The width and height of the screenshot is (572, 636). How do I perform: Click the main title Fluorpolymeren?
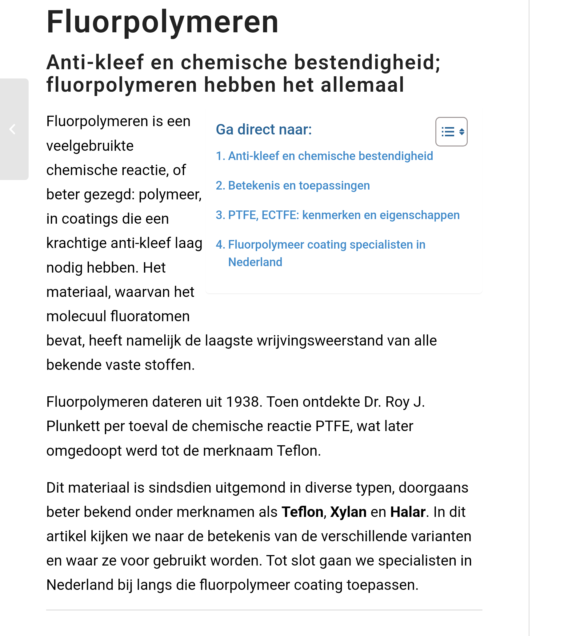pyautogui.click(x=162, y=22)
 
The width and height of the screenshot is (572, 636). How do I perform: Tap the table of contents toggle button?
pyautogui.click(x=451, y=132)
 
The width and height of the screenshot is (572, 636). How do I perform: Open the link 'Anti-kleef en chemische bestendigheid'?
pyautogui.click(x=324, y=156)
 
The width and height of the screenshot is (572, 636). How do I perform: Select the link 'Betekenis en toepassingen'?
pyautogui.click(x=292, y=186)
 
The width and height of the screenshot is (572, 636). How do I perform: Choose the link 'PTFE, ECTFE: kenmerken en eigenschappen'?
pyautogui.click(x=337, y=215)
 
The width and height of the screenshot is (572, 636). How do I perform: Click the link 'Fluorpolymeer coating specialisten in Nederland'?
pyautogui.click(x=320, y=245)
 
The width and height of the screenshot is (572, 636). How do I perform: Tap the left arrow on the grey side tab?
pyautogui.click(x=13, y=129)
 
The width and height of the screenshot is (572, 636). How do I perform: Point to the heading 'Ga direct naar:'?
pyautogui.click(x=264, y=130)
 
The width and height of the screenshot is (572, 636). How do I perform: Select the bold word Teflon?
pyautogui.click(x=302, y=512)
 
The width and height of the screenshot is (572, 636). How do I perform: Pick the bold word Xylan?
pyautogui.click(x=348, y=512)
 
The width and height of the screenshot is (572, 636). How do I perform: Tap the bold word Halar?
pyautogui.click(x=408, y=512)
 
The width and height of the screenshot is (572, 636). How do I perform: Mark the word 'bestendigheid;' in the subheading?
pyautogui.click(x=367, y=62)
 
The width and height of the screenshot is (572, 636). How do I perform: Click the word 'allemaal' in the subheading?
pyautogui.click(x=362, y=85)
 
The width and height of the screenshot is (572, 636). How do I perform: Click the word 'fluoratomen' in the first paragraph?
pyautogui.click(x=150, y=316)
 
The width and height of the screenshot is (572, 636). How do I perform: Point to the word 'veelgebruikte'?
pyautogui.click(x=90, y=146)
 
